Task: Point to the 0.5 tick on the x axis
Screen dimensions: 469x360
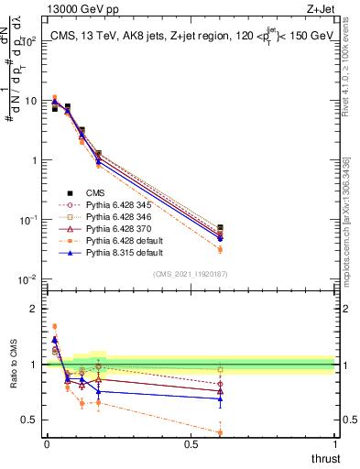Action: (191, 443)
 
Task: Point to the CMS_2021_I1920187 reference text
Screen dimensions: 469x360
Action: (191, 274)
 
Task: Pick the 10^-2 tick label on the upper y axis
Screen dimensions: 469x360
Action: (27, 279)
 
